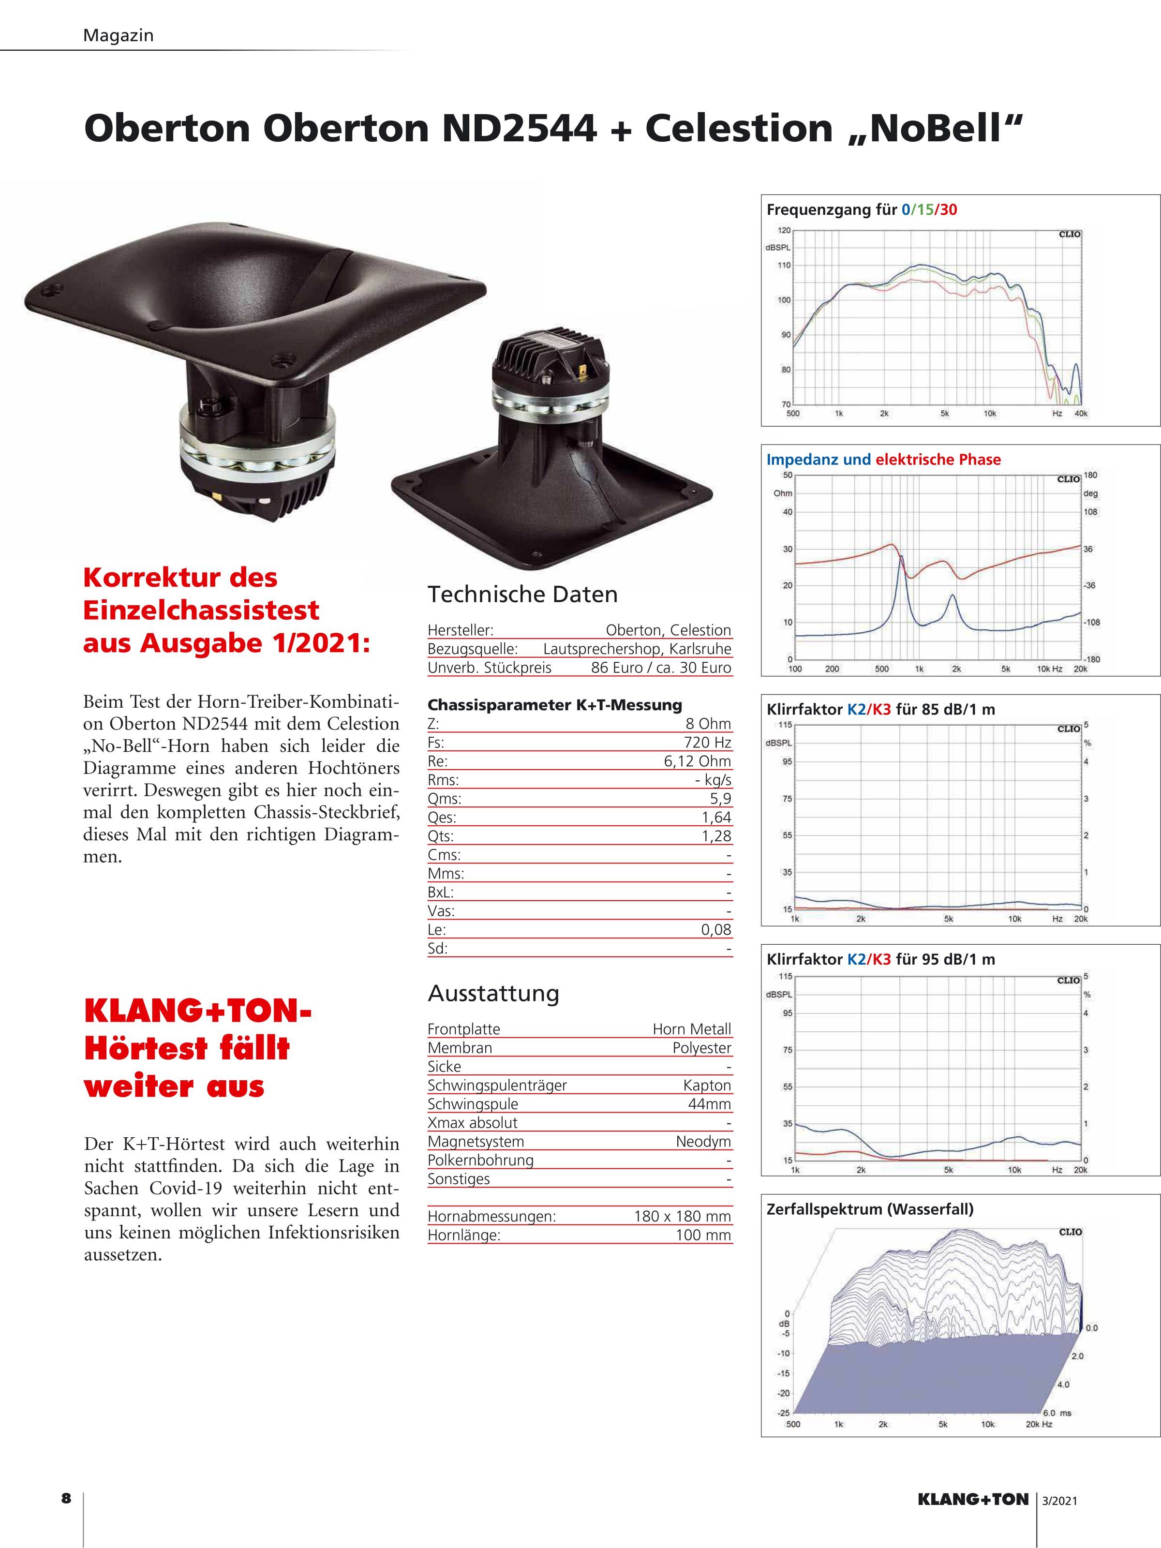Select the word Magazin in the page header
pyautogui.click(x=118, y=35)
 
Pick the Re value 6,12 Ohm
pyautogui.click(x=697, y=761)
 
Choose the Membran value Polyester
pyautogui.click(x=701, y=1048)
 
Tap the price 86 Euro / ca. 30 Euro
pyautogui.click(x=661, y=667)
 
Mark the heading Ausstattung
pyautogui.click(x=493, y=993)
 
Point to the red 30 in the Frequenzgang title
pyautogui.click(x=948, y=209)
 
